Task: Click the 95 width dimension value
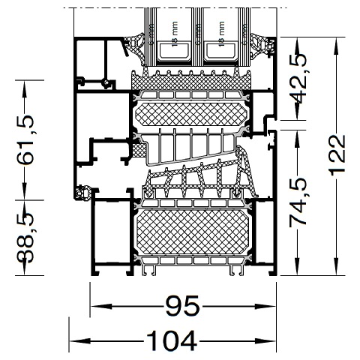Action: tap(181, 306)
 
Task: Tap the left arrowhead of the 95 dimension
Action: tap(97, 307)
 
